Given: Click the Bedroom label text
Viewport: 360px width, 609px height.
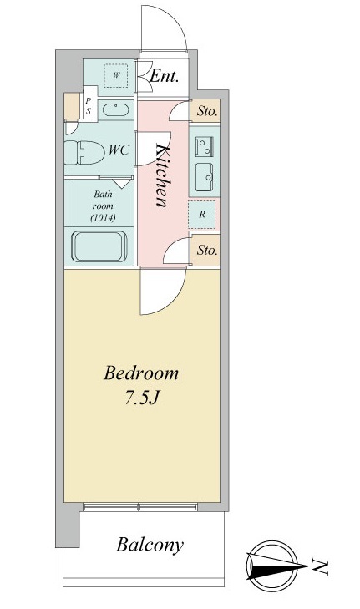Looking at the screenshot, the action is pos(141,373).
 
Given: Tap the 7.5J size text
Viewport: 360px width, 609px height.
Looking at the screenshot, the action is pos(142,398).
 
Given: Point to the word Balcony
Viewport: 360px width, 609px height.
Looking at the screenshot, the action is pos(150,545).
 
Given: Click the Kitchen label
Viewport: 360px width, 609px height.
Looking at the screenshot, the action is pos(163,175).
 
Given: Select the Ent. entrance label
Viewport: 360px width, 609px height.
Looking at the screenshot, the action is pos(164,76).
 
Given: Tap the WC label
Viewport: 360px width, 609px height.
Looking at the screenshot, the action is pos(119,150).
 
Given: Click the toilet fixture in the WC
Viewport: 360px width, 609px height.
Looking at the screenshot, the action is pos(84,152).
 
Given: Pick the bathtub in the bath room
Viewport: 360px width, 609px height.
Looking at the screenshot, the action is pos(99,247).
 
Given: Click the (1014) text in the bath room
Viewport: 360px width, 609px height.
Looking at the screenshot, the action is pos(103,218).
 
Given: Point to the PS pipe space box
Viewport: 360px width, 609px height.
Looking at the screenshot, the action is pos(89,106).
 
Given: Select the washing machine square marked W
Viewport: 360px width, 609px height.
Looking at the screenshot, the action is pos(116,75).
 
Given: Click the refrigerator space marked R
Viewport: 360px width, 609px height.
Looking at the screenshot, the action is pos(202,215).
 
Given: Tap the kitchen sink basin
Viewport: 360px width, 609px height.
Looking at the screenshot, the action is pos(204,177).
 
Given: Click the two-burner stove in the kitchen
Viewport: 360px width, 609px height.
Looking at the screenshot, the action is pos(205,146).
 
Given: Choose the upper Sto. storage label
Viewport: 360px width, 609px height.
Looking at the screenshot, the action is pos(207,111).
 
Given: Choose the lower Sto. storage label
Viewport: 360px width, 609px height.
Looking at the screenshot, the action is pos(207,250).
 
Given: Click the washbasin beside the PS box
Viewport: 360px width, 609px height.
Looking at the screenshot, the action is pos(116,110).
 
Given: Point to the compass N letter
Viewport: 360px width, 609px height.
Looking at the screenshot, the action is pos(321,567).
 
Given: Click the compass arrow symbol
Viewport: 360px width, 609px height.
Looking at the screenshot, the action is pos(276,566).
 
